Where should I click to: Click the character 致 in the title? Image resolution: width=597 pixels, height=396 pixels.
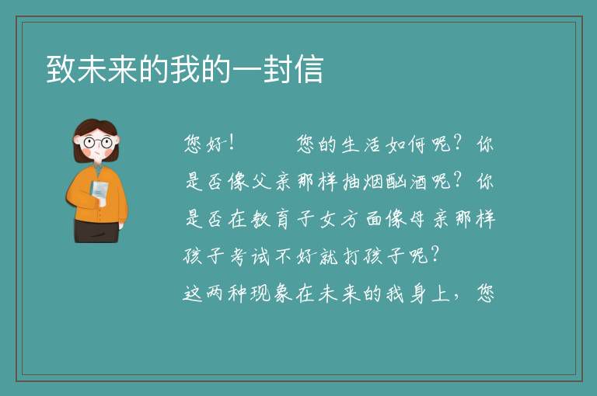click(61, 69)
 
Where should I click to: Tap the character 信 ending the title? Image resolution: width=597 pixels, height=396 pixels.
click(309, 69)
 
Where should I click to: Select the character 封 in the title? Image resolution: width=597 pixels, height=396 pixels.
click(278, 69)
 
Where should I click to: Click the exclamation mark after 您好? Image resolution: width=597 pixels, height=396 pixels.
click(232, 144)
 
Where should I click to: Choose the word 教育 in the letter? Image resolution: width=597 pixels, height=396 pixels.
click(271, 219)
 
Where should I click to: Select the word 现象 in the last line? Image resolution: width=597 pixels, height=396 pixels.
click(271, 294)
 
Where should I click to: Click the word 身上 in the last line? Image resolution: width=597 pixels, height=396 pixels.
click(430, 294)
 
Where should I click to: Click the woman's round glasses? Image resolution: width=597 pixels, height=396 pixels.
click(97, 143)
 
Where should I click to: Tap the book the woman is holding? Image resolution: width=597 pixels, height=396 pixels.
click(99, 193)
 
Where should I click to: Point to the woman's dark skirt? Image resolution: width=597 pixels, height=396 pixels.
click(96, 231)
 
